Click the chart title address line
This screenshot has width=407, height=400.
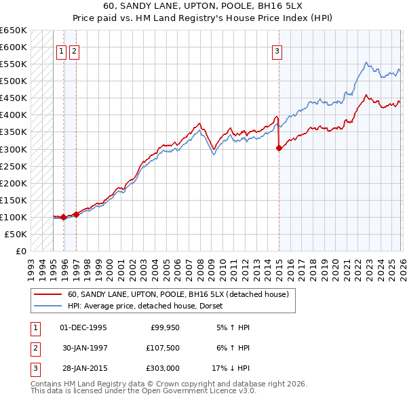pyautogui.click(x=203, y=6)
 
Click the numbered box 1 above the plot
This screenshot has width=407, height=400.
pyautogui.click(x=61, y=50)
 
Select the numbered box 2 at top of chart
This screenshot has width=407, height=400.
pyautogui.click(x=74, y=50)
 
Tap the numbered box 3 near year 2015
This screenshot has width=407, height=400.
pyautogui.click(x=278, y=50)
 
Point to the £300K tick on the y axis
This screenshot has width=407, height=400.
pyautogui.click(x=13, y=149)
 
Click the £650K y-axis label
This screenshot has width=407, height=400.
pyautogui.click(x=13, y=31)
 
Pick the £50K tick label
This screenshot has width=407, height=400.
pyautogui.click(x=15, y=234)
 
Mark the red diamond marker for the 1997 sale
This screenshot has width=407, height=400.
pyautogui.click(x=77, y=214)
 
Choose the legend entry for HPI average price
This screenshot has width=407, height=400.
pyautogui.click(x=149, y=306)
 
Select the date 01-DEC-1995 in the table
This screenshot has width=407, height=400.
pyautogui.click(x=83, y=327)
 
